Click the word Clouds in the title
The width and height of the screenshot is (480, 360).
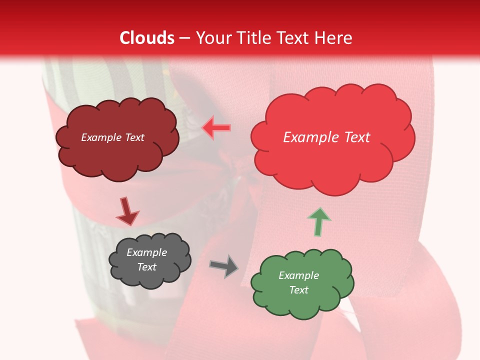tap(147, 38)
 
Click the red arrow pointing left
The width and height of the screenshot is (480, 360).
tap(216, 127)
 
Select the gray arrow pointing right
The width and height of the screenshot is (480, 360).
tap(223, 265)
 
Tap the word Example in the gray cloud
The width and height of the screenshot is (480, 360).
tap(147, 252)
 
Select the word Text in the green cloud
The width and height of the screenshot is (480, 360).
tap(299, 290)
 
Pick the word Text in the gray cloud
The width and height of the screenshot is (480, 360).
tap(147, 267)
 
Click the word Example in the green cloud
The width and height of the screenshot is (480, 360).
tap(299, 275)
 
